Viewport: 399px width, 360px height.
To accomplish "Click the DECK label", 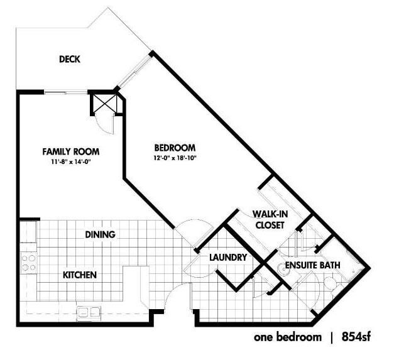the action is [x=70, y=59].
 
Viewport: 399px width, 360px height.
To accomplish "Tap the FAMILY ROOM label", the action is [x=71, y=151].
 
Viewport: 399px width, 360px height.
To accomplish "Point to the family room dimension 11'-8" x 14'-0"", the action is [x=71, y=161].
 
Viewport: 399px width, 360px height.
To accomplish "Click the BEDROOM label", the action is [x=175, y=148].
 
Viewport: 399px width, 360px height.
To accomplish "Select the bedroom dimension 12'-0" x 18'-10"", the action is [x=175, y=158].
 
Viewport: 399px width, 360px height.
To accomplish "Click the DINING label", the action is [x=100, y=234].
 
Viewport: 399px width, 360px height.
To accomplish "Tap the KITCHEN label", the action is [x=80, y=275].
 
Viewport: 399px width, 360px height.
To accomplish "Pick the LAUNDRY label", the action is [x=228, y=258].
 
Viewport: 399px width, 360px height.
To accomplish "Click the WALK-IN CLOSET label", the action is [x=270, y=219].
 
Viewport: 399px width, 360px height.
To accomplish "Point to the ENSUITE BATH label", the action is [x=312, y=265].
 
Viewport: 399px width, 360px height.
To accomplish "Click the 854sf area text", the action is [x=356, y=337].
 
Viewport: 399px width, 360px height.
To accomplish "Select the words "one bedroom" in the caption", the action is [x=288, y=337].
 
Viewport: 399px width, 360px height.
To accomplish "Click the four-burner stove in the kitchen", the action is [x=29, y=263].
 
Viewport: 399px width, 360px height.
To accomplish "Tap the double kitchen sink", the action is [x=89, y=312].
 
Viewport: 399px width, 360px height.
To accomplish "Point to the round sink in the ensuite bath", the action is [x=283, y=270].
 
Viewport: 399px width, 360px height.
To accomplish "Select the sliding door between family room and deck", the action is [x=65, y=92].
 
